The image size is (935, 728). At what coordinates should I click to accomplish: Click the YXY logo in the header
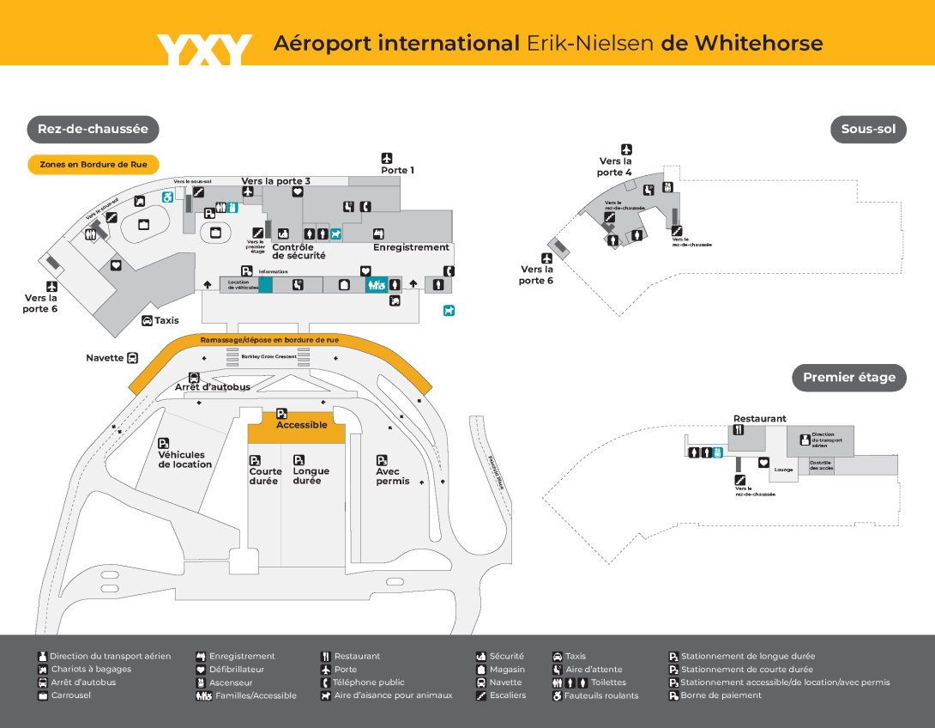(204, 49)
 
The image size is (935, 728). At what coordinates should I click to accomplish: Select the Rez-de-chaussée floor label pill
(93, 130)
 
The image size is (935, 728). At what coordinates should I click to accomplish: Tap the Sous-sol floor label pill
(867, 130)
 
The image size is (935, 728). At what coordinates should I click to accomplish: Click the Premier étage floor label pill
(848, 377)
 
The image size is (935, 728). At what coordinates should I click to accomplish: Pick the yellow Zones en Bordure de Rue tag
(93, 164)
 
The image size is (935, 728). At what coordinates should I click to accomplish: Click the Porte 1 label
(397, 170)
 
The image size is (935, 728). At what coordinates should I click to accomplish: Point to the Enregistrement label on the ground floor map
(411, 247)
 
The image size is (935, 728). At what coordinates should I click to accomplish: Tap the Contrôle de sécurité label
(299, 252)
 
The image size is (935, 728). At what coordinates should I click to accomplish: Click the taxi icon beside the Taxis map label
(148, 321)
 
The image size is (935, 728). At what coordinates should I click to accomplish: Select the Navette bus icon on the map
(132, 358)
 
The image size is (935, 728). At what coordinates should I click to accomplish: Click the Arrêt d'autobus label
(213, 387)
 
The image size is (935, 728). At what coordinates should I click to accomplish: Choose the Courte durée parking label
(265, 476)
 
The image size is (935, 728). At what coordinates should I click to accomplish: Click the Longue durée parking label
(311, 476)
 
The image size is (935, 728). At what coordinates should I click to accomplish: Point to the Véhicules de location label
(184, 459)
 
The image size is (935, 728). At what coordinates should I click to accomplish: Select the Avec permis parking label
(393, 476)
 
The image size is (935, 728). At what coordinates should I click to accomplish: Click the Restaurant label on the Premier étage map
(759, 419)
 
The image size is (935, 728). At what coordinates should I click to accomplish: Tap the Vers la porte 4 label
(615, 167)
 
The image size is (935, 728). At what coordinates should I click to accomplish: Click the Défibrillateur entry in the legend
(236, 670)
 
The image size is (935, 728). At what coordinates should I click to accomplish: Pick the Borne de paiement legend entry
(721, 695)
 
